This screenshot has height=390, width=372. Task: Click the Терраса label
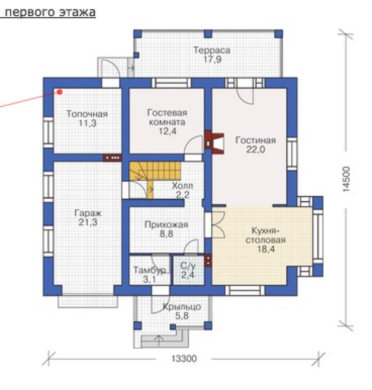click(x=212, y=50)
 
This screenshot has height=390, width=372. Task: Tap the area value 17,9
click(x=212, y=60)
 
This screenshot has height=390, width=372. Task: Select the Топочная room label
click(x=87, y=114)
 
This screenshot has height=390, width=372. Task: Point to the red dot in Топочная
click(x=60, y=92)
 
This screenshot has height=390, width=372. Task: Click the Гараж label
click(x=88, y=213)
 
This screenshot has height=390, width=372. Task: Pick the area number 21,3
click(x=88, y=222)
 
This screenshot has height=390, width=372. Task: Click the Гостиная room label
click(x=255, y=140)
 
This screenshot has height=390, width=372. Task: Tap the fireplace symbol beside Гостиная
click(x=215, y=143)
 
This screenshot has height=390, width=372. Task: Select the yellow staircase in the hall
click(x=155, y=176)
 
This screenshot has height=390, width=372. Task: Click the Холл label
click(x=182, y=186)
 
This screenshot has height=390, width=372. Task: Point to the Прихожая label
click(x=166, y=225)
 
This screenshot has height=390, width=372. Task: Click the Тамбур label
click(x=149, y=270)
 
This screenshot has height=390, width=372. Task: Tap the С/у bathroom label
click(x=188, y=266)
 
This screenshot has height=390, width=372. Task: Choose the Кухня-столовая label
click(x=265, y=235)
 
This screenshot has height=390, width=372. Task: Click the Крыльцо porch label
click(x=182, y=307)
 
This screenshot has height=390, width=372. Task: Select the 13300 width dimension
click(x=184, y=358)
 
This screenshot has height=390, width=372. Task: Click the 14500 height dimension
click(x=346, y=179)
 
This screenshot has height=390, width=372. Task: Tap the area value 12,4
click(x=167, y=131)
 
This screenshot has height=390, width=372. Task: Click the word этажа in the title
click(x=77, y=13)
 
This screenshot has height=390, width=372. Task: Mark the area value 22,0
click(x=255, y=149)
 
